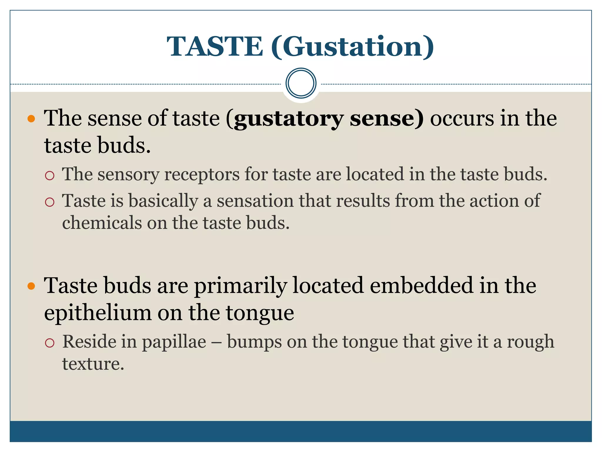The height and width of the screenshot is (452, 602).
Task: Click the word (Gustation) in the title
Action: coord(352,47)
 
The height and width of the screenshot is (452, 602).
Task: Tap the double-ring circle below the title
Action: coord(301,83)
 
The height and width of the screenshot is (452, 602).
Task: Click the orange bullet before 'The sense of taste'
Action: coord(31,119)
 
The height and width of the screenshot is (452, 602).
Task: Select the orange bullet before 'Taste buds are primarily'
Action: coord(31,286)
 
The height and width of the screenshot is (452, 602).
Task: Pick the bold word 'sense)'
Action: coord(387,119)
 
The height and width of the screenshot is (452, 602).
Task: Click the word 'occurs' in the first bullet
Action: coord(462,119)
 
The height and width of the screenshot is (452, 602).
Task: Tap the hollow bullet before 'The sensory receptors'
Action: coord(50,176)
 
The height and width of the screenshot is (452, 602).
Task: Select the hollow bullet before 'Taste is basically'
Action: coord(50,202)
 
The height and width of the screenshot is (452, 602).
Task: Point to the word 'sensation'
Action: coord(255,201)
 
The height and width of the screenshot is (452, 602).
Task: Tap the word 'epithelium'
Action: coord(98,313)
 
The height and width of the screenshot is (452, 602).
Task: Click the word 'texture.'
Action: coord(93,364)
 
